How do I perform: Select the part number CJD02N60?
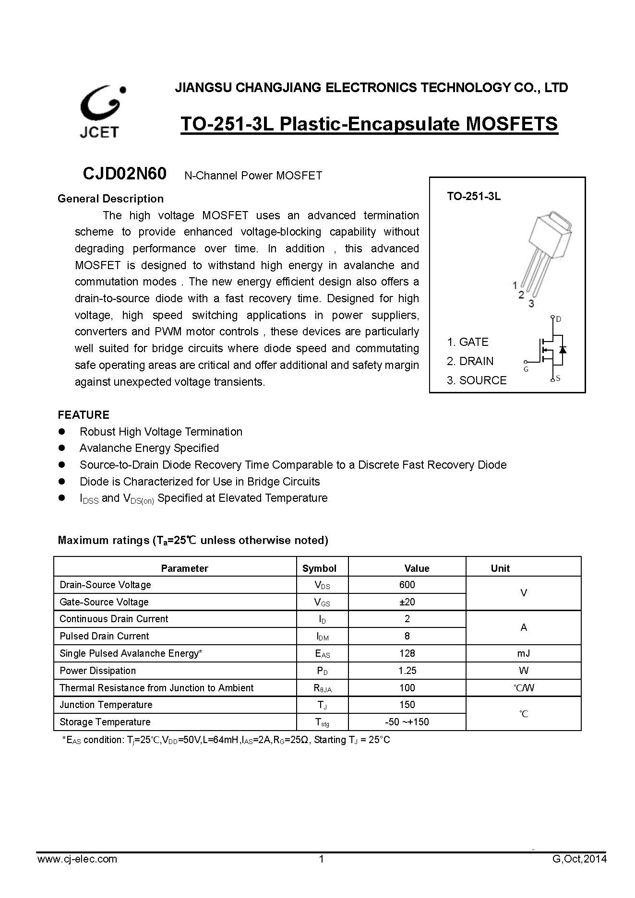coord(124,174)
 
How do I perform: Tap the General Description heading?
coord(110,199)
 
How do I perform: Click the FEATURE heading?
coord(84,415)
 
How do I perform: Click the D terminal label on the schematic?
coord(559,319)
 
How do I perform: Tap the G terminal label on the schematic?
coord(526,369)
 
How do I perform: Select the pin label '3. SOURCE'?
coord(476,380)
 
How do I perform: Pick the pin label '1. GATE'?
coord(467,342)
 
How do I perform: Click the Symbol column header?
coord(319,568)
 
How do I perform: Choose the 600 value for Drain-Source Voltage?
coord(407,585)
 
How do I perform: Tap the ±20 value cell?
coord(407,602)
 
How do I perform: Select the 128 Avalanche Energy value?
coord(407,653)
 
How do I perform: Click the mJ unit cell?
coord(524,653)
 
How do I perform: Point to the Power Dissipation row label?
coord(98,671)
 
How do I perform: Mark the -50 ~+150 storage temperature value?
coord(407,722)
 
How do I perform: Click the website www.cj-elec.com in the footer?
coord(77,859)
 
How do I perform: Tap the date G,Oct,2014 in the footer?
coord(579,859)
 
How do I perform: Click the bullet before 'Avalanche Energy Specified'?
coord(61,448)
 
